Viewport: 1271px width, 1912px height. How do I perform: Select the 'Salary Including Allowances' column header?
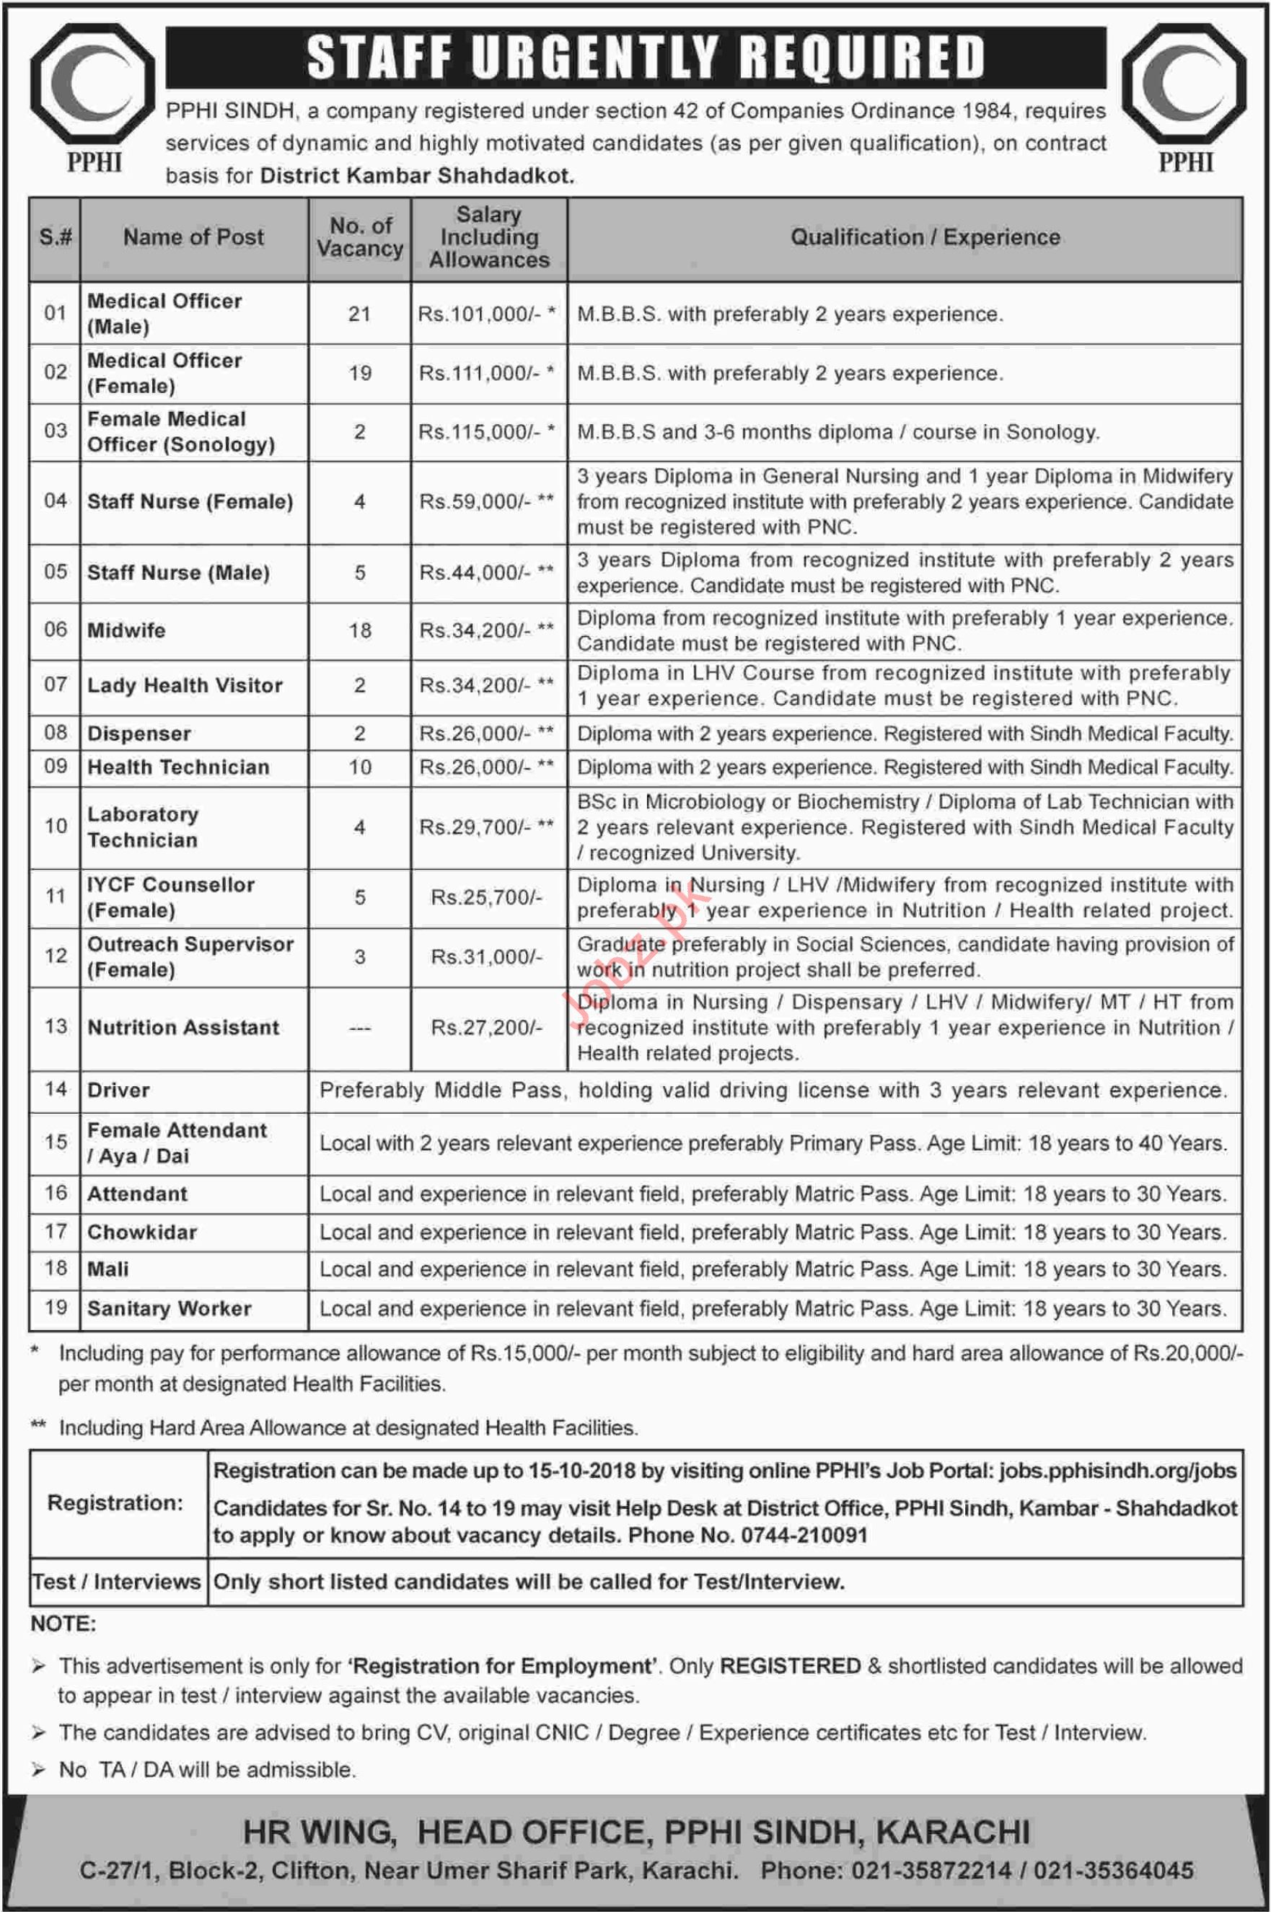coord(489,237)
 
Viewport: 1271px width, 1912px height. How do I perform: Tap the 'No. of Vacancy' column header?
coord(360,237)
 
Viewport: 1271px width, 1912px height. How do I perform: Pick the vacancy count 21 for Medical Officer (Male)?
coord(360,314)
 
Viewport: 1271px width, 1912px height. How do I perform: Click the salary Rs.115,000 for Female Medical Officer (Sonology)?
coord(478,432)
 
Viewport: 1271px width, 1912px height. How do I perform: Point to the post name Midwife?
coord(126,630)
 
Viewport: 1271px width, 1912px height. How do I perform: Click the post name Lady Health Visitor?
coord(185,686)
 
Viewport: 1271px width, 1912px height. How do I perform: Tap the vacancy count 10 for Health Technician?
coord(360,767)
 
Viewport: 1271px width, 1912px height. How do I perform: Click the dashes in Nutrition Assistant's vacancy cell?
coord(360,1028)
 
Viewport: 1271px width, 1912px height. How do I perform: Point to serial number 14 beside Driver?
coord(55,1089)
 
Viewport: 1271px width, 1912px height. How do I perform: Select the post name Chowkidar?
coord(142,1233)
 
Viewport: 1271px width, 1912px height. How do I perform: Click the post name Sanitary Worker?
coord(170,1309)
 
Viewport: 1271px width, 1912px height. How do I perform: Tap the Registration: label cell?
coord(115,1504)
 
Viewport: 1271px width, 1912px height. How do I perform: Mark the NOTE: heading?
coord(63,1624)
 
